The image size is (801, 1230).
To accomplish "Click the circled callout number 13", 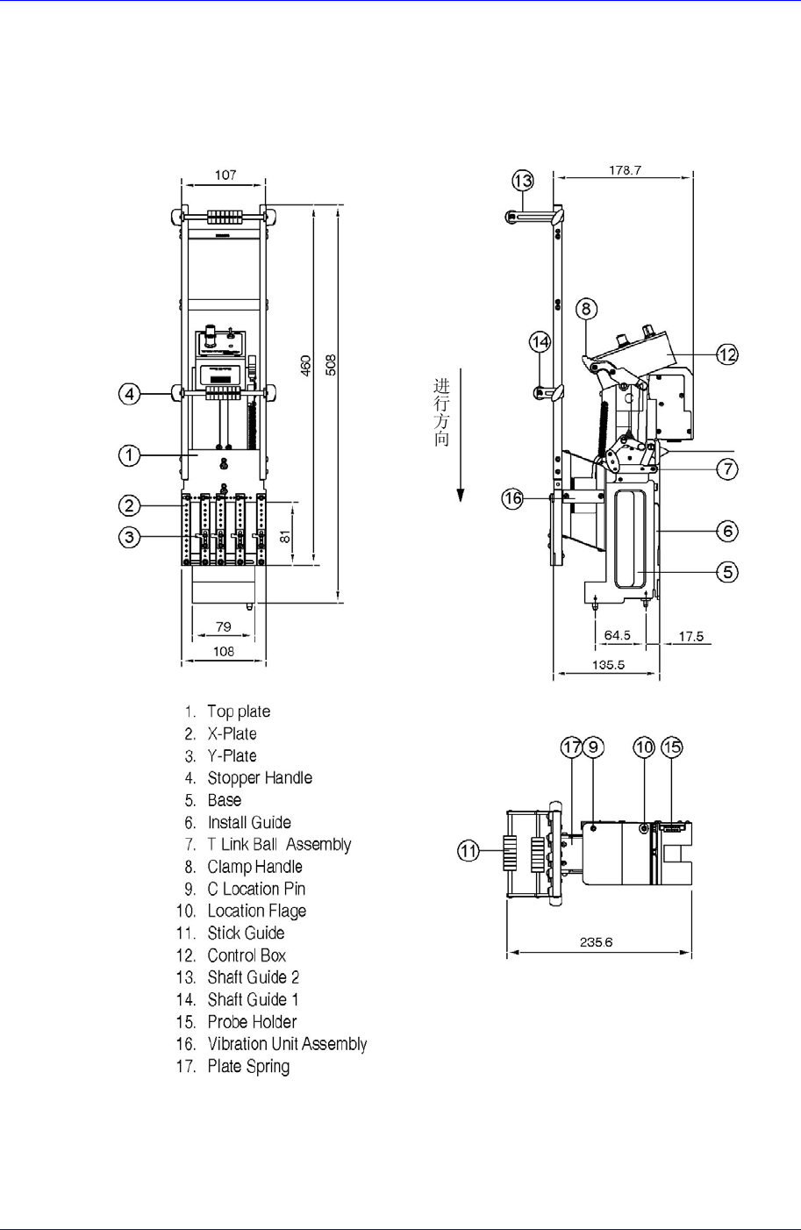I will click(x=523, y=181).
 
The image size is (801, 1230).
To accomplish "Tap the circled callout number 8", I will click(x=587, y=309).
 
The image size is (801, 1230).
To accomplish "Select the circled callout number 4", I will click(x=130, y=394).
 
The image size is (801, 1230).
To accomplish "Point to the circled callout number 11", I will click(x=469, y=850).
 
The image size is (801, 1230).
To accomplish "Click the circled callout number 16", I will click(x=512, y=498).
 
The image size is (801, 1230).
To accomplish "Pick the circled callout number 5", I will click(x=727, y=572).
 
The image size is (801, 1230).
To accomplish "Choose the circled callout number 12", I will click(x=726, y=354).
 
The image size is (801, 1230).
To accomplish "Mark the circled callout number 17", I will click(x=572, y=747).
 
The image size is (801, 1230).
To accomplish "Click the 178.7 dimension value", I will click(x=626, y=170).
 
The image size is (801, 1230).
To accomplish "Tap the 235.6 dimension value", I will click(x=596, y=942).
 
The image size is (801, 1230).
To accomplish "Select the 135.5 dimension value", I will click(x=608, y=664).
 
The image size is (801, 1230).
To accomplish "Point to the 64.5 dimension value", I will click(x=618, y=634).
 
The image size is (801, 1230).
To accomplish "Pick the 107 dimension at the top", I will click(x=225, y=175).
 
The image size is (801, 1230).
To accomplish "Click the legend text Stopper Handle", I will click(x=260, y=778).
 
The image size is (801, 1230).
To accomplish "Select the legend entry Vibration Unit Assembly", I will click(x=287, y=1044).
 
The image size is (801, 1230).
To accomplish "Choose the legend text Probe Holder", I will click(x=252, y=1022).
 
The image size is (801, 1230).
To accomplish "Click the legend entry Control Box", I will click(x=247, y=955).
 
